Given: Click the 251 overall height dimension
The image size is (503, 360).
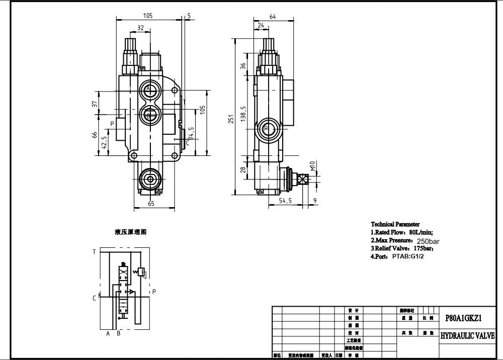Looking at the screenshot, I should click(231, 119).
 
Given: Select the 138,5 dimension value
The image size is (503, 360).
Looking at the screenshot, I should click(243, 115).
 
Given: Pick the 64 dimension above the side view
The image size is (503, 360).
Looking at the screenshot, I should click(273, 17).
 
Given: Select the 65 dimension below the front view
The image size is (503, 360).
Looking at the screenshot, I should click(151, 204).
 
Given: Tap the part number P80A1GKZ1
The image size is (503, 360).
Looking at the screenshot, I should click(464, 318).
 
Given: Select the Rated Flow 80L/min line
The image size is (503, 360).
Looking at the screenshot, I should click(401, 232).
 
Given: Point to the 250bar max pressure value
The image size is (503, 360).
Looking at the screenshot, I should click(429, 241).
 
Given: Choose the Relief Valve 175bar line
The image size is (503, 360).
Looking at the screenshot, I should click(401, 248).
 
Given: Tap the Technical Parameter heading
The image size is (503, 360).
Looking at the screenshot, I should click(395, 224).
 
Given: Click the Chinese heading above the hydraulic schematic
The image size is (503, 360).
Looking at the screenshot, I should click(130, 232).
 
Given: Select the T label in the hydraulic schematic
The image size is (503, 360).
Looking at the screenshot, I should click(94, 252).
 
